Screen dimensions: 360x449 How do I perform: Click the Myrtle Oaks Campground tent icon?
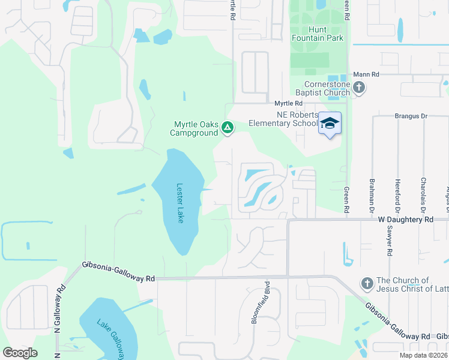[228, 127]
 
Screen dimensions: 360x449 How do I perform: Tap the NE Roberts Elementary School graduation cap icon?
[330, 123]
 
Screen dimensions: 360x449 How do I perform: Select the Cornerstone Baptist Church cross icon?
[359, 88]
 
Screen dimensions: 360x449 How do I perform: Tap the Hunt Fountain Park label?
[318, 34]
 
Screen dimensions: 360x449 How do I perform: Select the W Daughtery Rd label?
[405, 220]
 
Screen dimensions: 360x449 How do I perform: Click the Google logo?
[20, 352]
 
